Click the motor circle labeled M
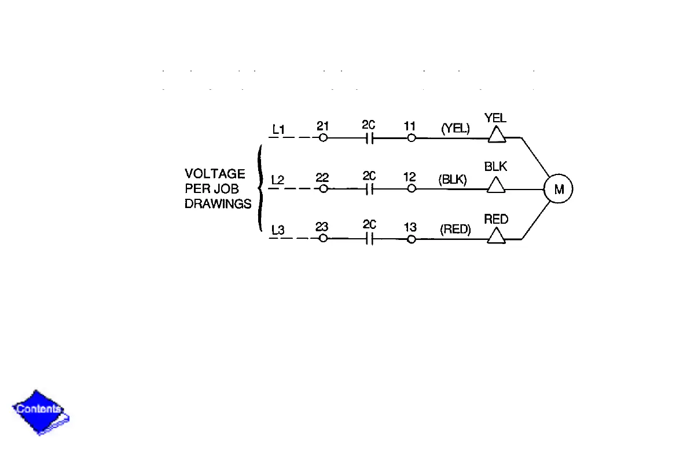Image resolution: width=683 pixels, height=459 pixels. point(558,189)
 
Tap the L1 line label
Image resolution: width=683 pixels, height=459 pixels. point(278,130)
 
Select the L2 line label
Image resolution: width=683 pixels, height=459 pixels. point(278,180)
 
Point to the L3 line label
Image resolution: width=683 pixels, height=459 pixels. point(278,230)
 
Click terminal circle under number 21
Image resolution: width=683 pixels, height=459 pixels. point(323,138)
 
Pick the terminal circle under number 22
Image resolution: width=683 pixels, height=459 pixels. point(323,189)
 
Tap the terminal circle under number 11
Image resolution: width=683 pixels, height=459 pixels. point(411,138)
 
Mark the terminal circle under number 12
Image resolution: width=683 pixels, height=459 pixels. point(411,189)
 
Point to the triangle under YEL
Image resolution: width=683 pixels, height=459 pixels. point(496,135)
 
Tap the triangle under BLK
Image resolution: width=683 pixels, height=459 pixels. point(496,185)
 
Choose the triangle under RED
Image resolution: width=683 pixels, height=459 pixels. point(496,236)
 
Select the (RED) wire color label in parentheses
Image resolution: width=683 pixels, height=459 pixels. point(456,230)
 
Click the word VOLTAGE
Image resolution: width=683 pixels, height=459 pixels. point(215,174)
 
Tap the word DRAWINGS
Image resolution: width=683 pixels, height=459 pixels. point(218,204)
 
